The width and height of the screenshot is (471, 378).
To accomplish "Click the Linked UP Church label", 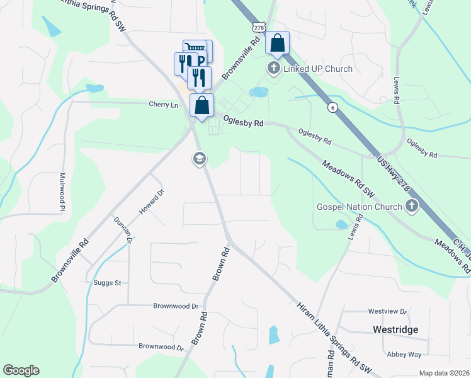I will [318, 69].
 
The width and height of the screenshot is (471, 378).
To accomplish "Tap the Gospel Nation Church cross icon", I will [412, 206].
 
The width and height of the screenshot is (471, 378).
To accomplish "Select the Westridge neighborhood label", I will [395, 329].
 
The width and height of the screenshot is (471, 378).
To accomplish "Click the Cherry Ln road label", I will [164, 104].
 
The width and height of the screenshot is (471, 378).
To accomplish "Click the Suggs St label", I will [107, 283].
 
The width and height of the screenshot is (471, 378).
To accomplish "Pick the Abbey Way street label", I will [404, 354].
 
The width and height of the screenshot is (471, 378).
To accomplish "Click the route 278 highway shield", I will [258, 27].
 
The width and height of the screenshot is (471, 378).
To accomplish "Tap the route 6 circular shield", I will [331, 108].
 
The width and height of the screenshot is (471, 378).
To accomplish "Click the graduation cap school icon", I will [200, 159].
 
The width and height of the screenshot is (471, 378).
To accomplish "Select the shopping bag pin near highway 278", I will [277, 43].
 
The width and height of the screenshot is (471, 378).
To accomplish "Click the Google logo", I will [21, 370].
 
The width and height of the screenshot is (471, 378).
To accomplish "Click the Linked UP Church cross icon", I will [274, 68].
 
